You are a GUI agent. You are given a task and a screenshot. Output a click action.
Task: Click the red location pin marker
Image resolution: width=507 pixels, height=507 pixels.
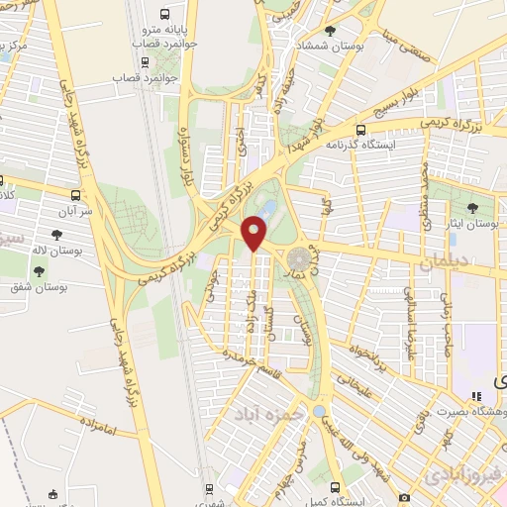(254, 233)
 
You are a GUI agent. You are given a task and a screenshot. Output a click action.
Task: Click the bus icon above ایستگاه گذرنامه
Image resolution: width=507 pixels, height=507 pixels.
(360, 130)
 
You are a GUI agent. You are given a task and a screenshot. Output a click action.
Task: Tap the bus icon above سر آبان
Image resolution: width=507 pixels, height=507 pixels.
(77, 196)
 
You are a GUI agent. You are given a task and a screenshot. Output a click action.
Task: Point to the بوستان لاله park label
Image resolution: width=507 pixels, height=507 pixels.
(49, 250)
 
